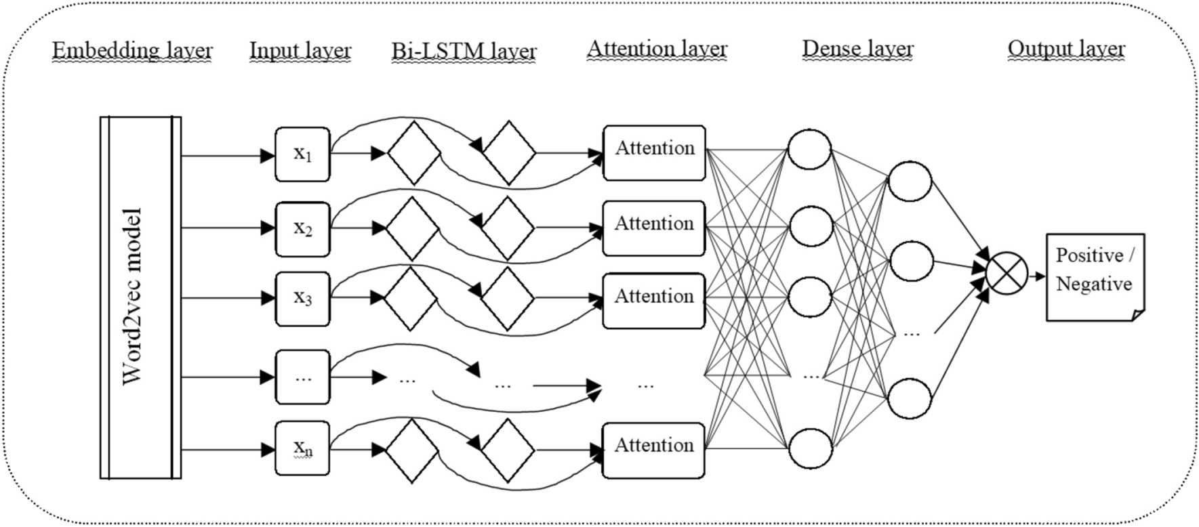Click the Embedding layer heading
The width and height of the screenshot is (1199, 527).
(132, 51)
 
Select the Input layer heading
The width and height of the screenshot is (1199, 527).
(300, 51)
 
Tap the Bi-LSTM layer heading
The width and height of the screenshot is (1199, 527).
(464, 51)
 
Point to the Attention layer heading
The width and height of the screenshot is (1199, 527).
(657, 49)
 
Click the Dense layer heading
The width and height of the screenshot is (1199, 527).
(858, 49)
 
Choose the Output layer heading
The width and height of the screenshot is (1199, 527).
(1066, 49)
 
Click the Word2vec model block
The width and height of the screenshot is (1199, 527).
(140, 297)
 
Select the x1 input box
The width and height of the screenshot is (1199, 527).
(302, 154)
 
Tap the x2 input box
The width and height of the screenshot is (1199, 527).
(302, 229)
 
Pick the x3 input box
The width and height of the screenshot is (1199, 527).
(302, 299)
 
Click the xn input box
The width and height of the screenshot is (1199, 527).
(302, 448)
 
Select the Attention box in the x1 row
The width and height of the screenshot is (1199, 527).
(654, 153)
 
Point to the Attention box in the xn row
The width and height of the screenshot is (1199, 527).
(654, 450)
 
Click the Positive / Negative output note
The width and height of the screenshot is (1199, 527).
(1095, 277)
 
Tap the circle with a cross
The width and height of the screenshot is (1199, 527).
(1007, 274)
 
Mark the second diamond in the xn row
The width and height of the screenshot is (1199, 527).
(508, 450)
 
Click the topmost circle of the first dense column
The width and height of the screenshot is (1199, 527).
(810, 150)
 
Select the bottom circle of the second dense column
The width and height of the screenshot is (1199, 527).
(910, 399)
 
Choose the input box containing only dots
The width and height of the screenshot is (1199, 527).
(302, 377)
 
